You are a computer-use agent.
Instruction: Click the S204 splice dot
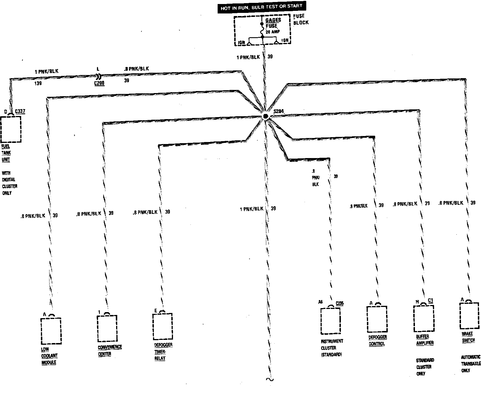265,116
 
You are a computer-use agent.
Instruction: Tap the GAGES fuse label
273,20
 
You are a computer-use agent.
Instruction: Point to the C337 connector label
20,111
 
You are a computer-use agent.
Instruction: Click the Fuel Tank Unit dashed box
11,129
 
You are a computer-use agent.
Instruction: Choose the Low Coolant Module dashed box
51,331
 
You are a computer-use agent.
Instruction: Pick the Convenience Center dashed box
107,328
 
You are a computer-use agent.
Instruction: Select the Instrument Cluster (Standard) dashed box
330,321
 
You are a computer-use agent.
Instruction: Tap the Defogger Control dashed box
377,319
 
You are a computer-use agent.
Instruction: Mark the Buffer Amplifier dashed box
424,318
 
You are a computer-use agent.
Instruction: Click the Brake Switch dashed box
469,316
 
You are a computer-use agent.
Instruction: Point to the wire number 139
38,83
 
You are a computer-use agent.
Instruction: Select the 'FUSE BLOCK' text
301,19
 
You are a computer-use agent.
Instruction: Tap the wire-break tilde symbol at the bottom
269,379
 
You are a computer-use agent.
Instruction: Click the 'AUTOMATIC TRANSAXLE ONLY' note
470,364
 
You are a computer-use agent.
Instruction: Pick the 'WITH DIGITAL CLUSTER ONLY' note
10,183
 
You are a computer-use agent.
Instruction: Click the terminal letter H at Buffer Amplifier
417,302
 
